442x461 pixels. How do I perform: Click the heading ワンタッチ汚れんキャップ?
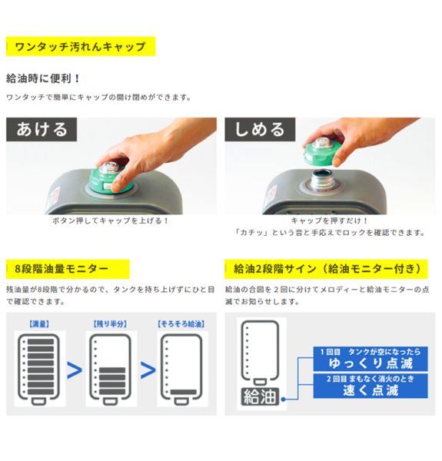tap(80, 46)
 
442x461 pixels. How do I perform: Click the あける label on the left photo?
tap(42, 129)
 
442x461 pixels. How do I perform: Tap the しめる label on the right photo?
tap(260, 129)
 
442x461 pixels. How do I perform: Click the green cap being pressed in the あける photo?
tap(110, 180)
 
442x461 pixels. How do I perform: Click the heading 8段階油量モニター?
tap(61, 269)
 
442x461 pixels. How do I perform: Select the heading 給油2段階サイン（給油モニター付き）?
tap(327, 269)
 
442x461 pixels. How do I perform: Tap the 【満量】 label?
tap(39, 324)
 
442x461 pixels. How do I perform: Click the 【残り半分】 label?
tap(110, 324)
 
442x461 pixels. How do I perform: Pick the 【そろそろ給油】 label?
tap(181, 324)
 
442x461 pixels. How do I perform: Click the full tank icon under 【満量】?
tap(38, 370)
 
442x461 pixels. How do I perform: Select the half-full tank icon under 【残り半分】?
tap(110, 370)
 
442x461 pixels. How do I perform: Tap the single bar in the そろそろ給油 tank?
tap(184, 392)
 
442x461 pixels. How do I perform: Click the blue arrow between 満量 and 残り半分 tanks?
tap(75, 370)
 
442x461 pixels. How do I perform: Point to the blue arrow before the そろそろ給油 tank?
tap(148, 370)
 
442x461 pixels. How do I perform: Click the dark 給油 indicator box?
tap(260, 396)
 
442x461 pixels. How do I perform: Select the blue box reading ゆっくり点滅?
tap(371, 359)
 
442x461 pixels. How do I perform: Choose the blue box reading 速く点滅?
tap(371, 386)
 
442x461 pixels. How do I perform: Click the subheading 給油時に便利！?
tap(43, 78)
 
